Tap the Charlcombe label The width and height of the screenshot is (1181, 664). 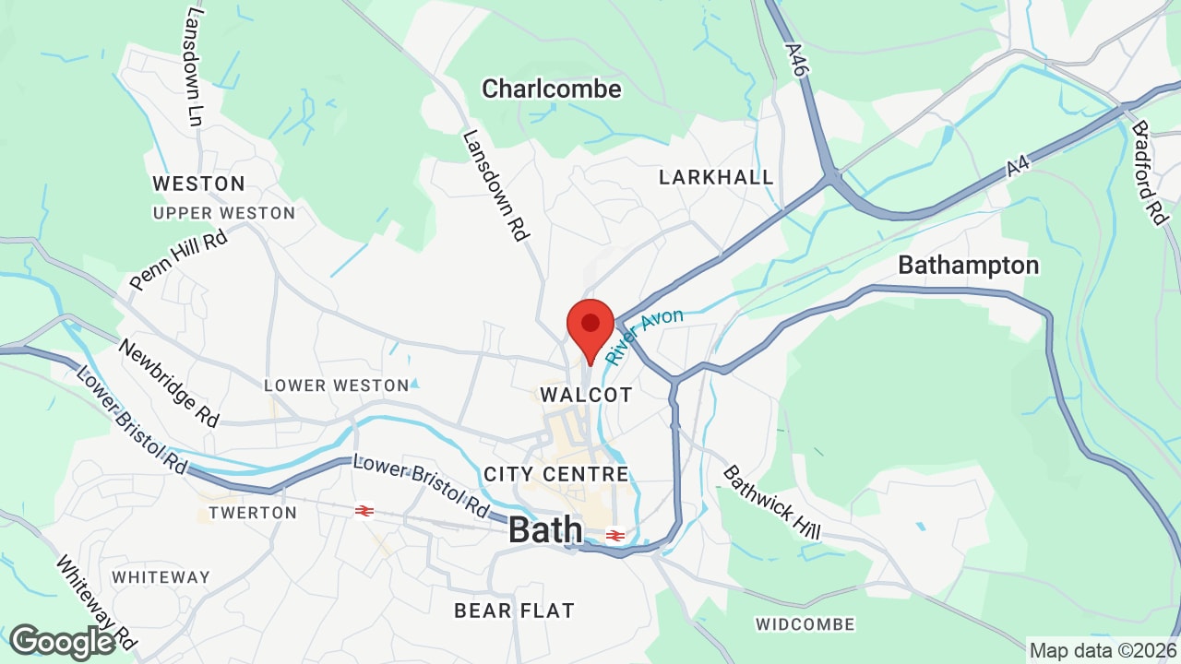(x=552, y=89)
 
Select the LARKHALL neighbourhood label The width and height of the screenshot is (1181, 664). (x=716, y=177)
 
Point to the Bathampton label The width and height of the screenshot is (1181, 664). (x=968, y=266)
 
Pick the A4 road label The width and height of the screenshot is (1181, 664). (x=1017, y=167)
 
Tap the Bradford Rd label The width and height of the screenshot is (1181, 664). (x=1150, y=172)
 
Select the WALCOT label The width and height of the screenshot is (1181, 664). (x=587, y=395)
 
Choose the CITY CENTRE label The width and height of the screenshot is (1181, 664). (x=556, y=475)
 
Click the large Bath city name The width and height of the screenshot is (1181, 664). (x=545, y=530)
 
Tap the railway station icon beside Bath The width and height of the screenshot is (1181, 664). (x=616, y=535)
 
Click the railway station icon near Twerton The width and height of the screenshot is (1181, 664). (x=364, y=510)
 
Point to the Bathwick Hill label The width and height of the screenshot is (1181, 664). (x=771, y=503)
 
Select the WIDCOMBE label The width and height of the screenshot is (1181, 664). (x=805, y=624)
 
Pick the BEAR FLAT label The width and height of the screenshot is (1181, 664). (x=514, y=611)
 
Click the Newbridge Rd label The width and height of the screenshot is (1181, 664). (x=169, y=383)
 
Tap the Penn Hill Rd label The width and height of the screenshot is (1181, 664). (x=177, y=261)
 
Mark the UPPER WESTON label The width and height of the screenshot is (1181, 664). (x=223, y=213)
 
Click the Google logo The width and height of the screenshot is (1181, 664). (x=63, y=642)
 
